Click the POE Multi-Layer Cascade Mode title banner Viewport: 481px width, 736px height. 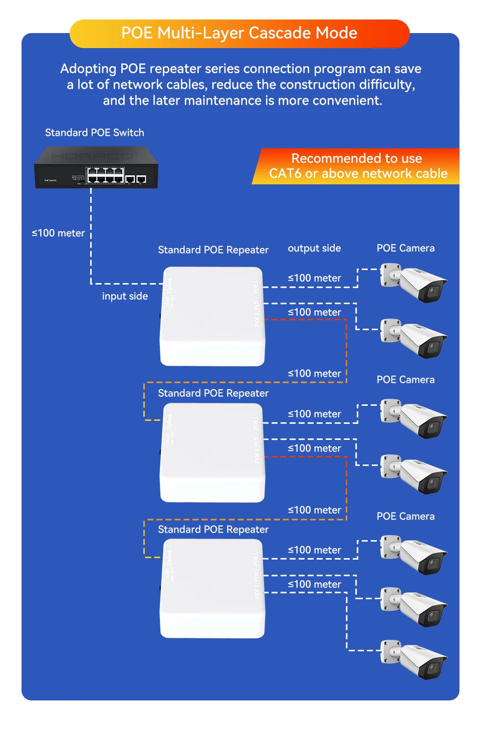239,33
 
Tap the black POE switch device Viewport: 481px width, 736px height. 96,168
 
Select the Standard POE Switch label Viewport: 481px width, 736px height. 94,133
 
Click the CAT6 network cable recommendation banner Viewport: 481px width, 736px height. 357,166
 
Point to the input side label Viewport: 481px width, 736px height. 125,296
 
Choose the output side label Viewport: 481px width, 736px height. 314,248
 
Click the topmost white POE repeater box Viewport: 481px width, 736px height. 212,316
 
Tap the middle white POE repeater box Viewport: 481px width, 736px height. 212,452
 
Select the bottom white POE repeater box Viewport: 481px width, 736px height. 212,588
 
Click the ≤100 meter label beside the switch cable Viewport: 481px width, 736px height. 58,233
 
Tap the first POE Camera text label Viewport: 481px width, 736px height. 405,248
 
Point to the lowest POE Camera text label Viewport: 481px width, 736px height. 405,516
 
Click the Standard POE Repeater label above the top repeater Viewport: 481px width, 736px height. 213,250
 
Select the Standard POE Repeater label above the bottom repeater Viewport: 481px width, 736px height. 213,530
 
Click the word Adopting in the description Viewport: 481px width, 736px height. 88,69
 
